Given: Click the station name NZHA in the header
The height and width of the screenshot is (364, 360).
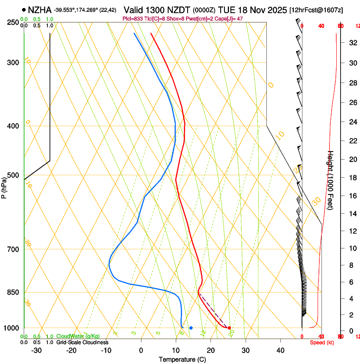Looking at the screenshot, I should (x=39, y=9).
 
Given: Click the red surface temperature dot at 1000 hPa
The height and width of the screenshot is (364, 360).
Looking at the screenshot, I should (x=229, y=328).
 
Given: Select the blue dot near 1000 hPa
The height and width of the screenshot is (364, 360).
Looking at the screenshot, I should (x=191, y=328).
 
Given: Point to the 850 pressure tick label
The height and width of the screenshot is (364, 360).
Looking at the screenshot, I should (x=14, y=292).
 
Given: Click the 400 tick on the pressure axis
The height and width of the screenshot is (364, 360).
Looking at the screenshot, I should (x=14, y=126).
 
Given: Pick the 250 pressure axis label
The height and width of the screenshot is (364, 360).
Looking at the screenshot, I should (x=14, y=22).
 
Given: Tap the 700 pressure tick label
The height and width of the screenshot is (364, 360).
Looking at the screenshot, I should (x=14, y=249).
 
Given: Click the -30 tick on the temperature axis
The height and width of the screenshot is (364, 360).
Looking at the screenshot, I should (x=36, y=350).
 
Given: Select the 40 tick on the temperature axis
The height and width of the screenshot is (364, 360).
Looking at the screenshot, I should (x=280, y=350).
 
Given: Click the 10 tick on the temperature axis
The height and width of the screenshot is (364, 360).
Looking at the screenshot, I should (x=175, y=350).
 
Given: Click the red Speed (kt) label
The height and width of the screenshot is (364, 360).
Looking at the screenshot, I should (x=322, y=342).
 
